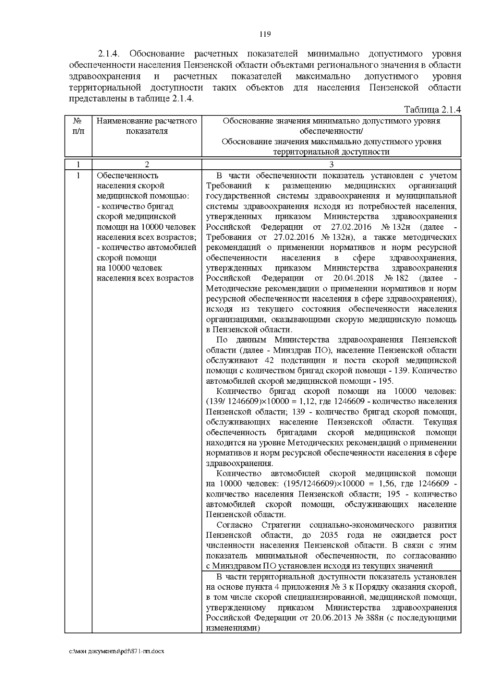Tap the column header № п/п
(x=78, y=126)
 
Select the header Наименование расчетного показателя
(x=147, y=126)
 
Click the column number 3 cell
(x=331, y=164)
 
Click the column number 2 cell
(x=147, y=164)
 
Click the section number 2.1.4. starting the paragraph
(x=110, y=54)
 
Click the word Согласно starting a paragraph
(x=234, y=525)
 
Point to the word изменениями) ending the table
(x=232, y=628)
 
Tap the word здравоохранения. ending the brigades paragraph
(x=240, y=463)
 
